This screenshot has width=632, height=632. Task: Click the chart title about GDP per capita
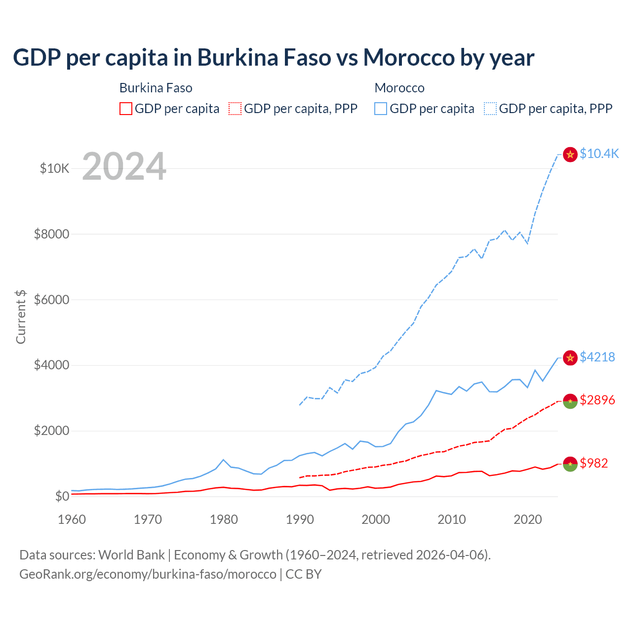tap(274, 58)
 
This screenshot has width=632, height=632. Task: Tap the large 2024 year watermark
tap(124, 167)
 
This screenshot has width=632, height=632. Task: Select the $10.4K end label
tap(599, 154)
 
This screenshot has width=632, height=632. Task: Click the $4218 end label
tap(597, 357)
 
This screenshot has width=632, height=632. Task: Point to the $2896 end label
tap(597, 400)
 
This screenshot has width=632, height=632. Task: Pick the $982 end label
tap(593, 463)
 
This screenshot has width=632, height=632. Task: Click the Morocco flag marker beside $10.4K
tap(570, 155)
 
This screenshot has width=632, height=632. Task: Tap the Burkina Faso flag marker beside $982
tap(570, 464)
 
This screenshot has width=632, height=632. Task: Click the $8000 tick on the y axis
tap(51, 234)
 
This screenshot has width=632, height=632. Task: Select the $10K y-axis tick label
tap(54, 168)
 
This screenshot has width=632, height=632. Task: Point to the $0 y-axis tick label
tap(62, 496)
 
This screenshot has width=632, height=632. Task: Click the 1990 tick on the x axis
tap(300, 519)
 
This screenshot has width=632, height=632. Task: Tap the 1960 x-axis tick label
tap(72, 519)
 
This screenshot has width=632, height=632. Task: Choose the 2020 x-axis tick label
tap(528, 519)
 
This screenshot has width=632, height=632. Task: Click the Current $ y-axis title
tap(21, 317)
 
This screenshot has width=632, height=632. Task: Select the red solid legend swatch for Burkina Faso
tap(126, 109)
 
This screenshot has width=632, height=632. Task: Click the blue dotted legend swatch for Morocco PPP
tap(490, 109)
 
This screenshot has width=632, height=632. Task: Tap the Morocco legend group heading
tap(399, 88)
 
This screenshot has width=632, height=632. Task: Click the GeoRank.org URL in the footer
tap(148, 574)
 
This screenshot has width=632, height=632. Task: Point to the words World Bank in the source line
tap(131, 555)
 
